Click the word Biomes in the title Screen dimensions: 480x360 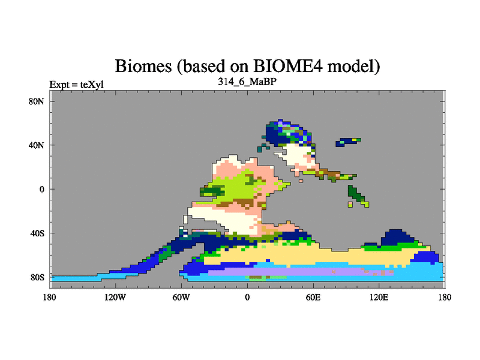point(143,65)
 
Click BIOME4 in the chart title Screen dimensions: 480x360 point(288,65)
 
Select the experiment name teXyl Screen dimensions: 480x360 point(92,85)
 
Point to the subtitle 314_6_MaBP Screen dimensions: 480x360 point(247,82)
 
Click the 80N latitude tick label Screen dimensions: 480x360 point(37,101)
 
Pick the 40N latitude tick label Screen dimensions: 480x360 point(37,145)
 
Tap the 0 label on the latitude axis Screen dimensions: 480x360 point(41,189)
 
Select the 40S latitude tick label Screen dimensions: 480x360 point(37,233)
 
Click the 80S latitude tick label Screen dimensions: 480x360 point(37,277)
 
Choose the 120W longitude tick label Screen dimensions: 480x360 point(115,297)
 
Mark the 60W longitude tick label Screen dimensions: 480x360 point(181,297)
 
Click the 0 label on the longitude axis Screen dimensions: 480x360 point(247,297)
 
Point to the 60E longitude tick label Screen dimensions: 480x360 point(313,297)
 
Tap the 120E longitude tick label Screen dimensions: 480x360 point(379,297)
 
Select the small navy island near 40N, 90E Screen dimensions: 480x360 point(347,142)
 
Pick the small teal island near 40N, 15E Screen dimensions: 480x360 point(263,147)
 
